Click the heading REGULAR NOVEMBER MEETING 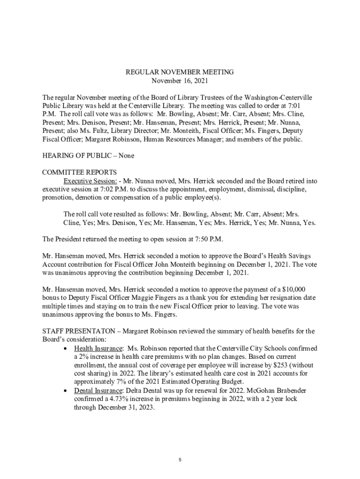tap(180, 72)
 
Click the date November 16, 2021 tap(180, 80)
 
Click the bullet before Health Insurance tap(66, 349)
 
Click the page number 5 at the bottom tap(180, 460)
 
